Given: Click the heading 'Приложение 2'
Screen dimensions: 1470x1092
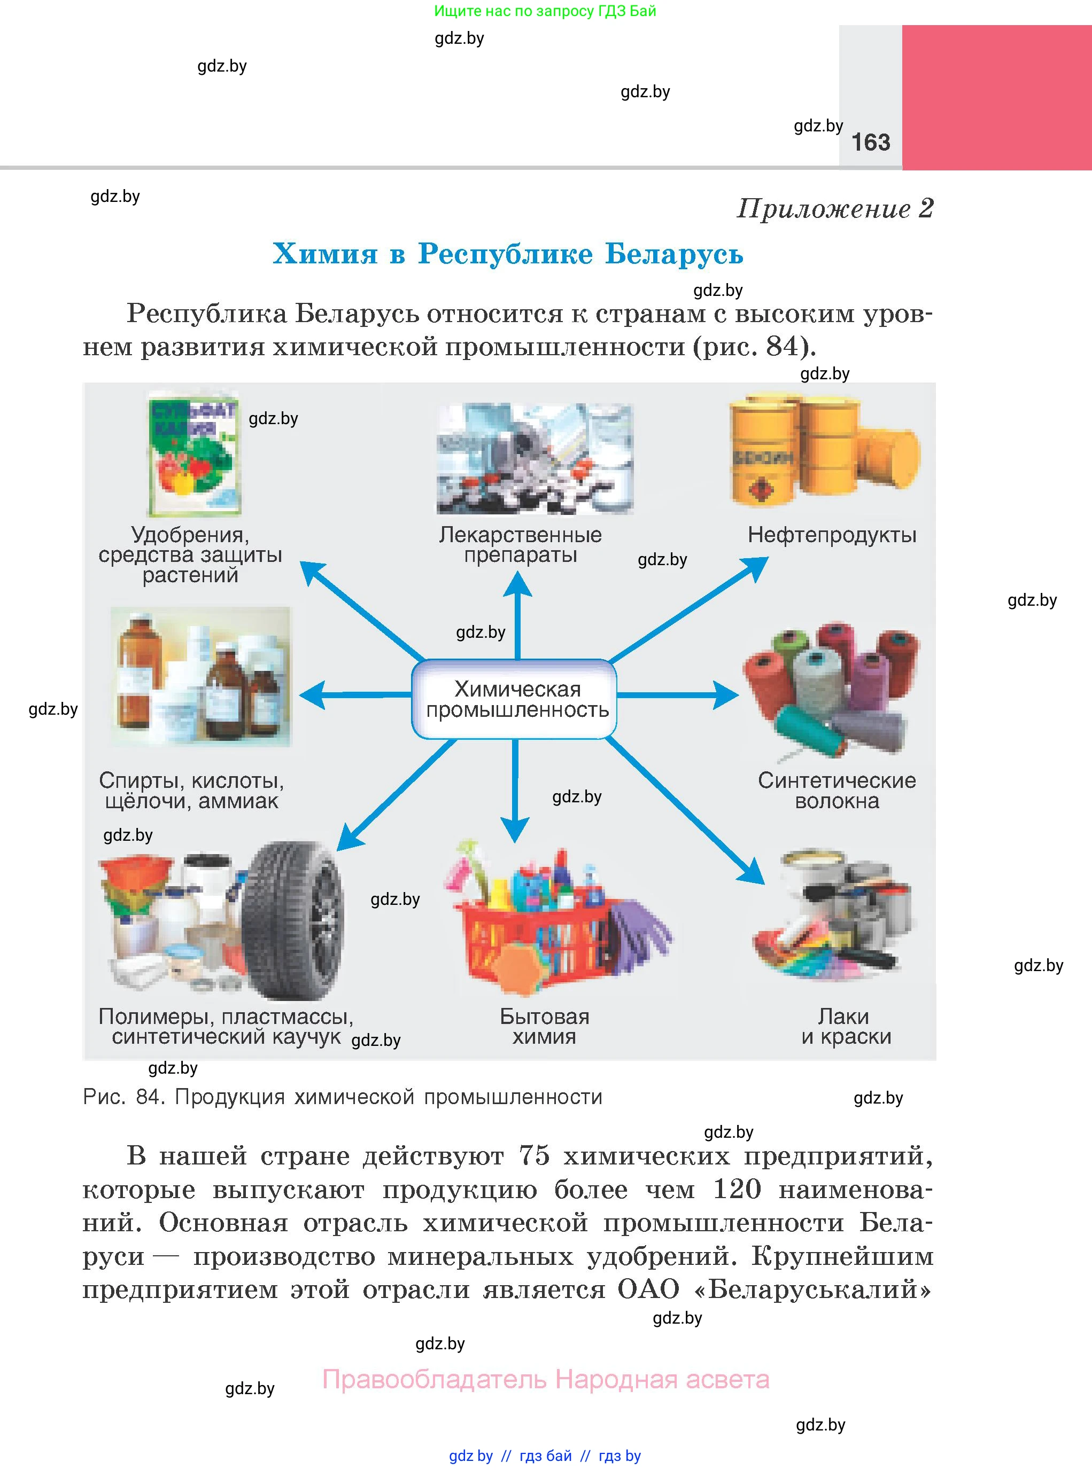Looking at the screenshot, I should point(835,209).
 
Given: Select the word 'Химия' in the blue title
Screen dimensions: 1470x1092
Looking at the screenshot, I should point(324,254).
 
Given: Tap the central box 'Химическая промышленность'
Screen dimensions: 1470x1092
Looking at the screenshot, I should point(514,699).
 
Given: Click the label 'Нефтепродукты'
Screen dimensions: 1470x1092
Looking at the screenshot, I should point(832,535).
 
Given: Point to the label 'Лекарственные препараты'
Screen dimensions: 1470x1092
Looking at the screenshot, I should point(520,544).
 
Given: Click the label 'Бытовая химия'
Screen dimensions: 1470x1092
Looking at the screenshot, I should point(544,1026).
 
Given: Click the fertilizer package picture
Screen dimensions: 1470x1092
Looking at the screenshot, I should point(193,454).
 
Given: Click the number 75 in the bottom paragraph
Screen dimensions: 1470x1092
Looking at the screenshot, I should point(534,1155).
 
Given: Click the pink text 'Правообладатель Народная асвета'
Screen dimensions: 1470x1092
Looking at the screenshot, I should point(545,1380).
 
